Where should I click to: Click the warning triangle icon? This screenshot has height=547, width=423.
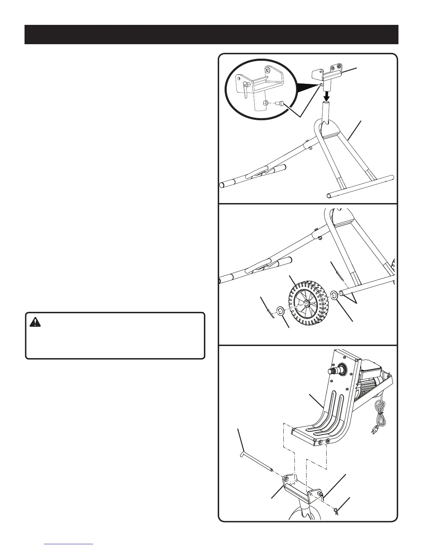point(35,323)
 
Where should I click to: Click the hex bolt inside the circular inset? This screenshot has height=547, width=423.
point(281,103)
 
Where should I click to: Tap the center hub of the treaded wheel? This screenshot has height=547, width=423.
point(306,303)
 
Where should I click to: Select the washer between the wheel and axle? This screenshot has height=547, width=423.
point(335,295)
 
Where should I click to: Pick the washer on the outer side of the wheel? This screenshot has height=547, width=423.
point(280,312)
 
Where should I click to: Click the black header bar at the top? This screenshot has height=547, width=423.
point(211,35)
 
